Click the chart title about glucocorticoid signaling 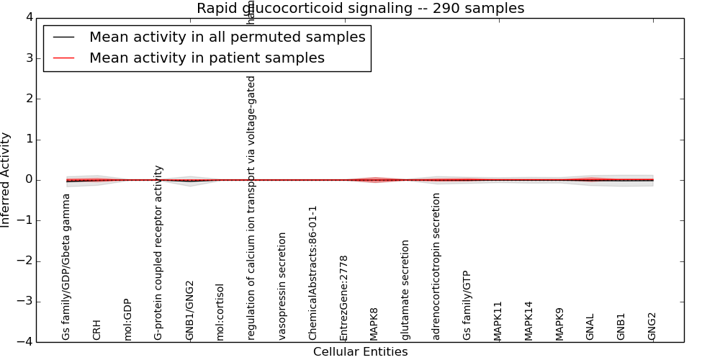tap(360, 9)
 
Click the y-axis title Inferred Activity tap(6, 180)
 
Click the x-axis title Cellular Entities tap(360, 352)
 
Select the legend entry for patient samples tap(207, 58)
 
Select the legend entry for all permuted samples tap(227, 37)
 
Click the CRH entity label tap(97, 329)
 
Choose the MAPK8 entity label tap(374, 324)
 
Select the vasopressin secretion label tap(282, 286)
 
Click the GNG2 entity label tap(652, 326)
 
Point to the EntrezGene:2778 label tap(344, 297)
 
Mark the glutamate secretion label tap(405, 289)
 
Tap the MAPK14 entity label tap(529, 320)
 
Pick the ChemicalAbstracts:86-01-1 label tap(313, 273)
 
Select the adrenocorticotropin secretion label tap(436, 266)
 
